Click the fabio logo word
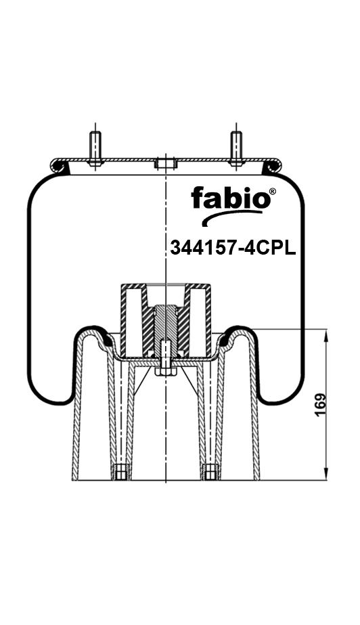pyautogui.click(x=230, y=198)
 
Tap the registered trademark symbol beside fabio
pyautogui.click(x=272, y=192)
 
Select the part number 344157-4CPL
pyautogui.click(x=233, y=248)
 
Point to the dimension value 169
pyautogui.click(x=321, y=405)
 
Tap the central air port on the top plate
pyautogui.click(x=165, y=163)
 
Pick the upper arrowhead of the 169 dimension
pyautogui.click(x=326, y=336)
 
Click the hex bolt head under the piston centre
pyautogui.click(x=166, y=370)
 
